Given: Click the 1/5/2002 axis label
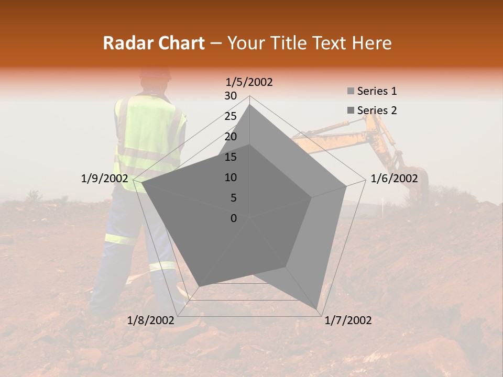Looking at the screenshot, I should (249, 82).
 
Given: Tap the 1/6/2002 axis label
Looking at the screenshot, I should (394, 179).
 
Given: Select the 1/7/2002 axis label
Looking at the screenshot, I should (348, 320).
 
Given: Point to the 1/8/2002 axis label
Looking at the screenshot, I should (151, 320).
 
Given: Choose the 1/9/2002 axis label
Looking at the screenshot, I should (104, 179).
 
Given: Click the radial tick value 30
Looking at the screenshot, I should (231, 96).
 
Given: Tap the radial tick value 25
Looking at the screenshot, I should (231, 116).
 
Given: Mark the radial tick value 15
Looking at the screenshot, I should (231, 157).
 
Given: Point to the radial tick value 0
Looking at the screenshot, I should (234, 218).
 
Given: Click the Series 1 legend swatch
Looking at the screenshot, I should (351, 92).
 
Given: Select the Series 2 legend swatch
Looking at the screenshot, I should (351, 110).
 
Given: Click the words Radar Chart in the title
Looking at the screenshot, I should (154, 43).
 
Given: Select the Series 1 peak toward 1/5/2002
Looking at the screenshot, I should (249, 105).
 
